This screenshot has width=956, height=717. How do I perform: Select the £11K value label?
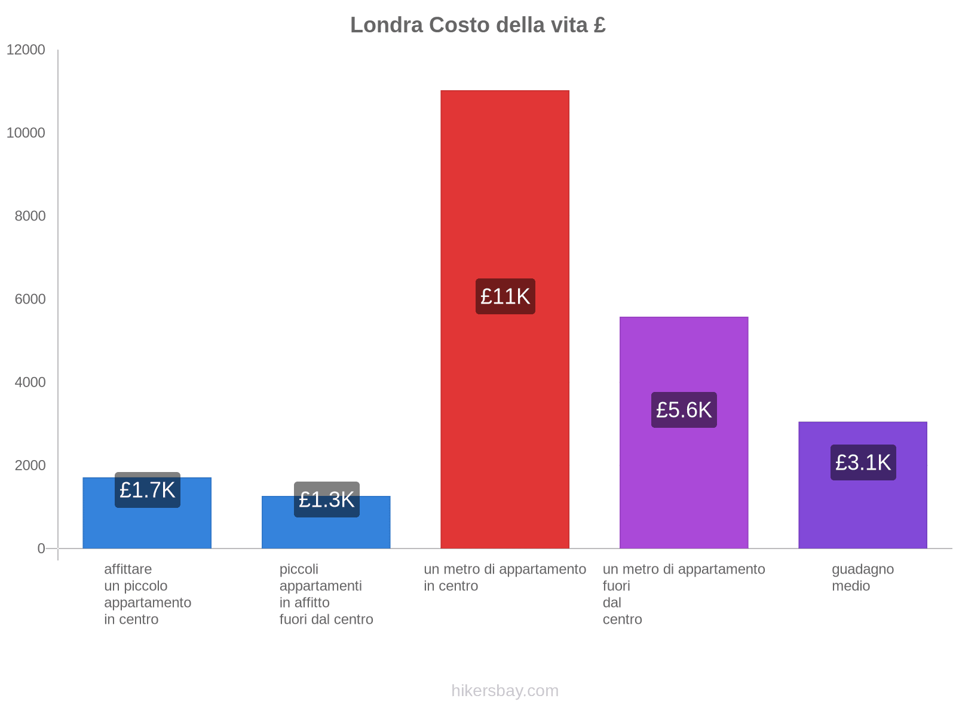click(x=505, y=296)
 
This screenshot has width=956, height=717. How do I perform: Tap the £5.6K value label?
click(x=684, y=410)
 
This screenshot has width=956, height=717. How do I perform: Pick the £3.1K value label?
click(x=863, y=462)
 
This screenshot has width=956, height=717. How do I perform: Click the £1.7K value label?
click(x=147, y=490)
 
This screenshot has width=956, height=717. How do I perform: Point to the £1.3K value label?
click(x=326, y=500)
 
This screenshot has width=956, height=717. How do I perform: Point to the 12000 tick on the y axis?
click(x=26, y=50)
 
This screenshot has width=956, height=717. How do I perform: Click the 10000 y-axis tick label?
click(x=26, y=133)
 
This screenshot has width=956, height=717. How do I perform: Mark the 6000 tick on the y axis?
click(x=30, y=299)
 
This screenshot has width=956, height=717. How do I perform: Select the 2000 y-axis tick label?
click(x=30, y=465)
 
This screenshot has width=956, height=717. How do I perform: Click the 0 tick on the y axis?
click(x=41, y=548)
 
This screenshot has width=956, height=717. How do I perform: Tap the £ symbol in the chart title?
click(x=600, y=25)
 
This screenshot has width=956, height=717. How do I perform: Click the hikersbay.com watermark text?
click(x=505, y=691)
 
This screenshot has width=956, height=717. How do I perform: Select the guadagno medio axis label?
click(x=863, y=577)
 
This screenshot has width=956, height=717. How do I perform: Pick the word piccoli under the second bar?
click(x=299, y=569)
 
